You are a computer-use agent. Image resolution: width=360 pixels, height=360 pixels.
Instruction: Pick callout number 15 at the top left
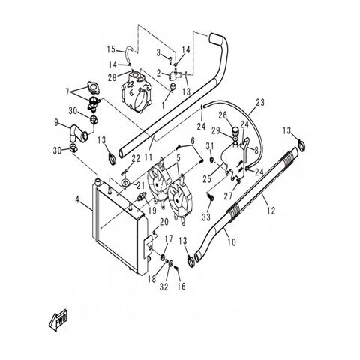point(110,49)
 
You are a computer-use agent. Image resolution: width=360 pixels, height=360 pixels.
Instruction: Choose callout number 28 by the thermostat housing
point(112,77)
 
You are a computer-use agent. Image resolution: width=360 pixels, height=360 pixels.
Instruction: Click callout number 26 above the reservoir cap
point(221,115)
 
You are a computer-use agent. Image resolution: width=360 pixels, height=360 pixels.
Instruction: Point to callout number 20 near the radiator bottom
point(163,221)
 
